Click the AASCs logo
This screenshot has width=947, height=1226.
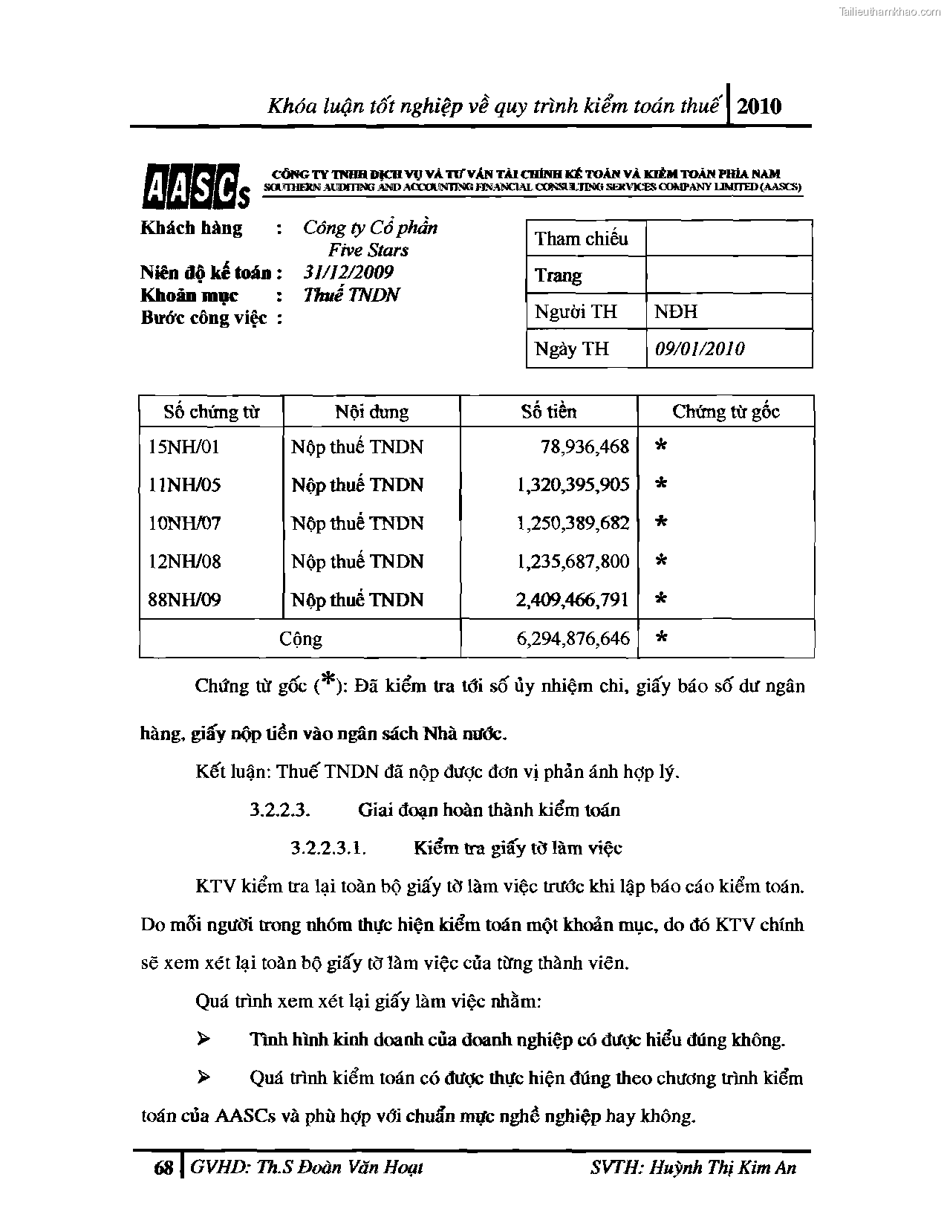[195, 185]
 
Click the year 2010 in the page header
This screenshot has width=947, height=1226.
[760, 106]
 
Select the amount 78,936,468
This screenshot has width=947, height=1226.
[585, 447]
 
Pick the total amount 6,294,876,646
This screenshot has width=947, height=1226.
[573, 638]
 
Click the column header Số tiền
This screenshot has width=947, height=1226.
[548, 412]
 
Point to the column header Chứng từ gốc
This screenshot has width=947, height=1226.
[726, 412]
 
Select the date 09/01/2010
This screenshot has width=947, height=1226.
[699, 348]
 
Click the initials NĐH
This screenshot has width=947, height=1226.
[675, 311]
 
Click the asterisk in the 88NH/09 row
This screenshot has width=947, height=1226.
[661, 599]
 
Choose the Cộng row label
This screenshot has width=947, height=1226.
[300, 639]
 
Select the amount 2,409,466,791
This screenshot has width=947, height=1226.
[573, 600]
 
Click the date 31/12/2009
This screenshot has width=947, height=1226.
[348, 272]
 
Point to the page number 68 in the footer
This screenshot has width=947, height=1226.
[163, 1168]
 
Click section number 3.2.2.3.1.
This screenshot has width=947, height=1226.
[328, 848]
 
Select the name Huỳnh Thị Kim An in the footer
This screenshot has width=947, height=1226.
[722, 1167]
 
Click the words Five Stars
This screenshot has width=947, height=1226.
[368, 250]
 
